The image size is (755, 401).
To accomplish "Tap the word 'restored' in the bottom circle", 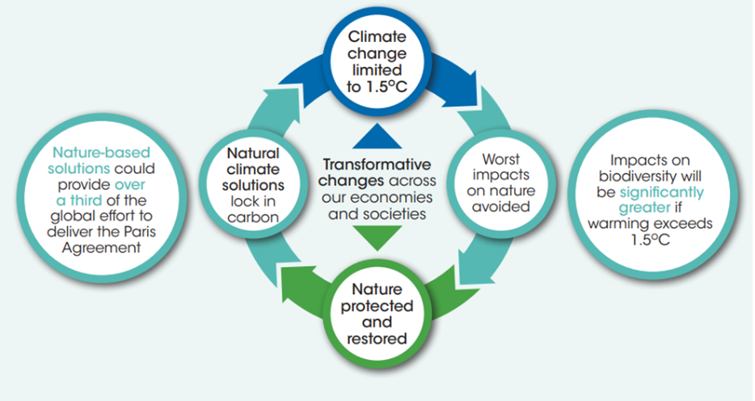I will pos(377,338).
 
